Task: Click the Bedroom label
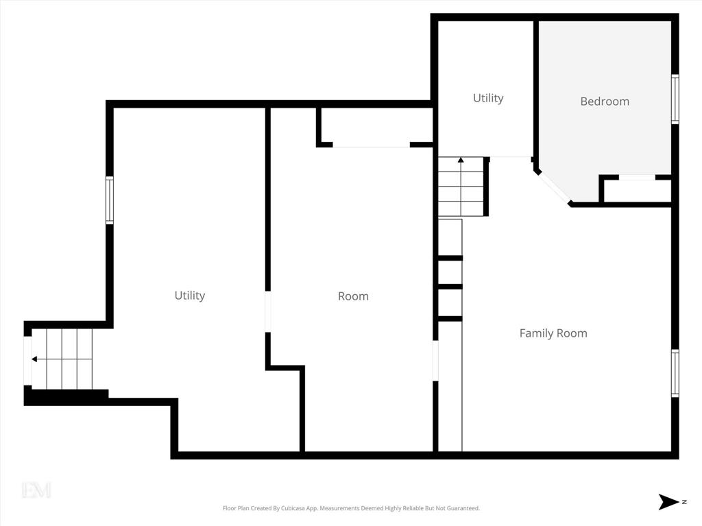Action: (605, 101)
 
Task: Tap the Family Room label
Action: (553, 333)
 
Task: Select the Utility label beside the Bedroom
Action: (488, 98)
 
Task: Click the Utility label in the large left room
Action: (190, 296)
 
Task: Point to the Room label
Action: (353, 296)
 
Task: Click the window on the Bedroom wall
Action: (675, 99)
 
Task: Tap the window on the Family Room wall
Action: (675, 373)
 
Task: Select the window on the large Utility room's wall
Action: (109, 200)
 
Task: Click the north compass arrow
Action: (668, 502)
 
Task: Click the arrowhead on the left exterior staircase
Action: (34, 359)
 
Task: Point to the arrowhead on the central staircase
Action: (461, 160)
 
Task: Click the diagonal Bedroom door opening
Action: (553, 187)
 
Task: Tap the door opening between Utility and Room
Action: (268, 312)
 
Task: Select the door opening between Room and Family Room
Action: (435, 361)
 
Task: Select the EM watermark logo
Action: (36, 490)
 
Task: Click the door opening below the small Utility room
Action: (510, 157)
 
